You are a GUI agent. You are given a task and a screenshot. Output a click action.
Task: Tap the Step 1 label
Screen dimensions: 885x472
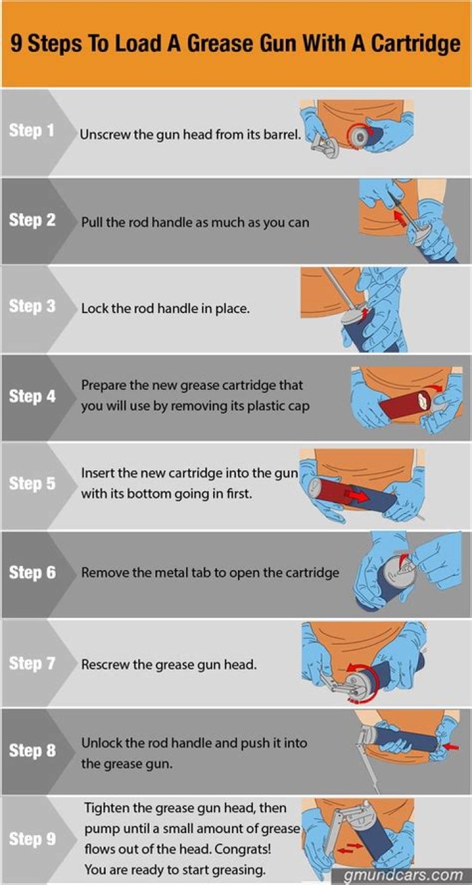point(31,131)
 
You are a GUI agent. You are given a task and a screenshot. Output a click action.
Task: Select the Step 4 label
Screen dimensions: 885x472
point(32,396)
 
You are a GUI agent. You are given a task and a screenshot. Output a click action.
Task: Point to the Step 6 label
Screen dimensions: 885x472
point(32,573)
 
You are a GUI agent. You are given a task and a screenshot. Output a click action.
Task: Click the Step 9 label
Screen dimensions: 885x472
point(32,838)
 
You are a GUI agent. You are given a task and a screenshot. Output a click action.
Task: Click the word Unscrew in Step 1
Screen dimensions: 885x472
point(102,134)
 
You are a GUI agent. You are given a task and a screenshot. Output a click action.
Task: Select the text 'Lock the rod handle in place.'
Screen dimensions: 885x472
point(165,308)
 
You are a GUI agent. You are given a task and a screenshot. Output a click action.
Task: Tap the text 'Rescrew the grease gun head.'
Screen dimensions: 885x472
point(168,664)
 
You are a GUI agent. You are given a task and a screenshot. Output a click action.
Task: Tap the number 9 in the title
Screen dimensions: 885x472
point(16,45)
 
